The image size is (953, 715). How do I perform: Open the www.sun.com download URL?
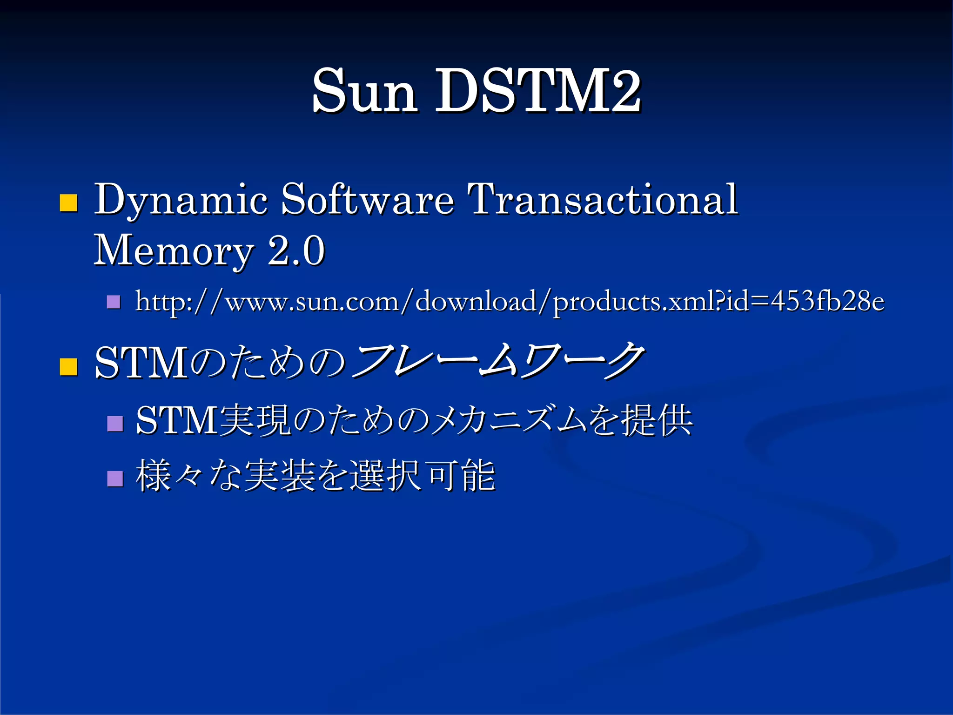pos(510,302)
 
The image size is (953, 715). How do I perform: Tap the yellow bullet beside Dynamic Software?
pos(69,203)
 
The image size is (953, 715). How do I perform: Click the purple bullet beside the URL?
pos(114,303)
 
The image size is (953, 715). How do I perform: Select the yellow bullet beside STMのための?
pos(69,366)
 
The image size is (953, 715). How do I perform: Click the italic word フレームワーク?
pos(498,361)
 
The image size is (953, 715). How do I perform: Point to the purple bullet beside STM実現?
pos(115,424)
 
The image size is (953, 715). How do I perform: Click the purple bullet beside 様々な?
pos(115,478)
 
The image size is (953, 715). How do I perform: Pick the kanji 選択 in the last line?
pos(385,475)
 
